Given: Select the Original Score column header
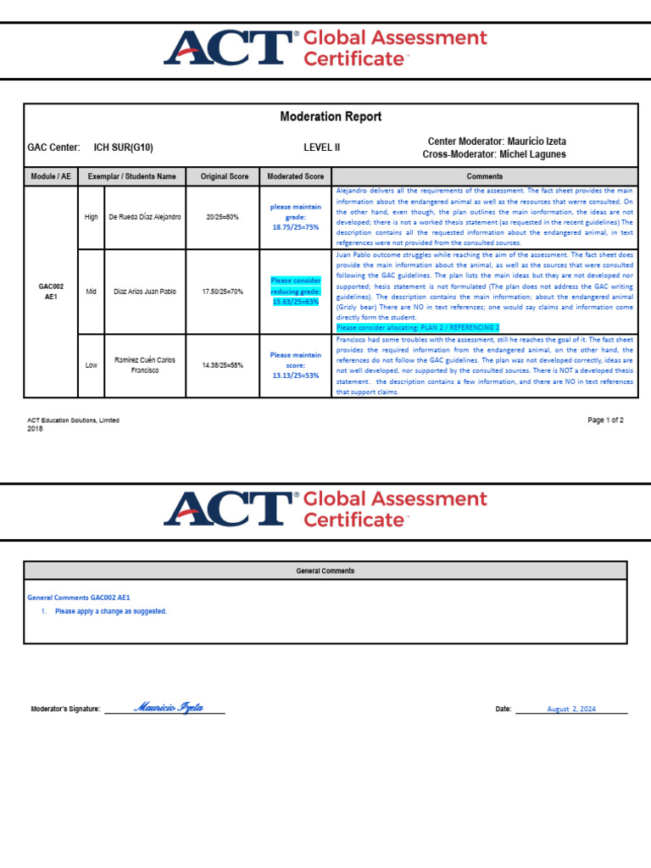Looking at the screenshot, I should (225, 176).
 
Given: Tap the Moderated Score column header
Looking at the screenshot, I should (296, 176).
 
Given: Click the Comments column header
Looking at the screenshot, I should (484, 176).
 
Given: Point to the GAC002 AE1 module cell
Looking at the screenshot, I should (51, 292).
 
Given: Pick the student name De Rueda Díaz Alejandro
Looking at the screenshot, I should (145, 217).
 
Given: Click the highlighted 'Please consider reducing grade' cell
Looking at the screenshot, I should (296, 291).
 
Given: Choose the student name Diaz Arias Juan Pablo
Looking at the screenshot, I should (145, 292).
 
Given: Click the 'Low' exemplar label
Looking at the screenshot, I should (91, 365).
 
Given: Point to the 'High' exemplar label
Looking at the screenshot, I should (91, 217).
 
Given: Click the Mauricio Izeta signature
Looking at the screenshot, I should (169, 708).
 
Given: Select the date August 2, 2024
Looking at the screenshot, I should (571, 709).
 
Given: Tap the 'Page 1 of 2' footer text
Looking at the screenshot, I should (605, 420).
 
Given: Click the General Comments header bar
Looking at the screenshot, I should (325, 570).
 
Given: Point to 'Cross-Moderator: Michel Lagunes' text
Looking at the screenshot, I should (494, 154).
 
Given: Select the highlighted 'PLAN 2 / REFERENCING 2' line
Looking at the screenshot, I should (418, 327).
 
